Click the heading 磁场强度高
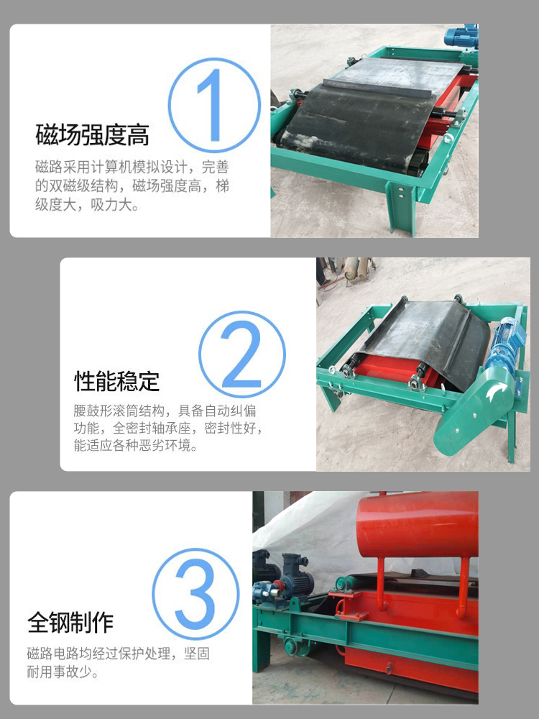(x=93, y=134)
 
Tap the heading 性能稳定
(x=117, y=381)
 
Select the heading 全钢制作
(x=70, y=622)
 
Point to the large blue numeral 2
(x=241, y=354)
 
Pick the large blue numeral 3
(x=195, y=594)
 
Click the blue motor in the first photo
(x=461, y=36)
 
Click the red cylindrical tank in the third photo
(x=417, y=524)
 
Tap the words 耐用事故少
(x=63, y=672)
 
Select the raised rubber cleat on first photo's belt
(x=379, y=87)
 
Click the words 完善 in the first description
(x=215, y=167)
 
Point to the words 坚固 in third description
(x=197, y=653)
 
